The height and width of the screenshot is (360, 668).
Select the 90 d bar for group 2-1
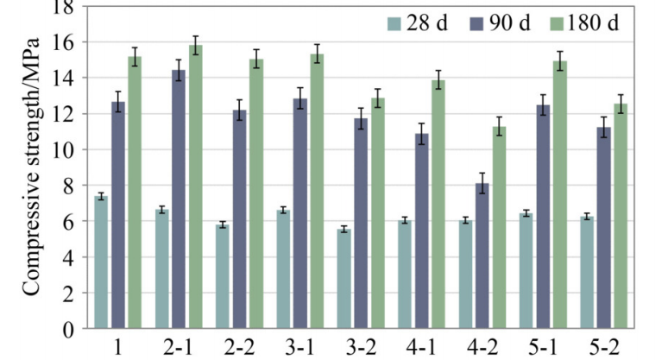pos(179,199)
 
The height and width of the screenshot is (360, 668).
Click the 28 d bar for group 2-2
pos(223,276)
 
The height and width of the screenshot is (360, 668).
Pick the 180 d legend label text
pos(595,22)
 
